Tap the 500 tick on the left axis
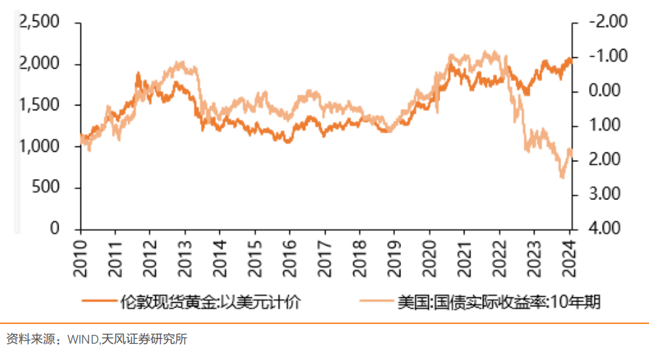[49, 188]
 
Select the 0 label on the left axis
[55, 229]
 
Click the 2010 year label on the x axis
[80, 256]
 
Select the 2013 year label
[185, 256]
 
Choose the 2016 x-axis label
[289, 256]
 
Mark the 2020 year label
[429, 256]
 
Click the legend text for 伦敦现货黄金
[209, 301]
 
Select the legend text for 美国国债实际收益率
[499, 301]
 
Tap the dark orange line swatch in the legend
[98, 301]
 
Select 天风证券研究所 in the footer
[144, 339]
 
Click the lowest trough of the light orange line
[563, 178]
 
